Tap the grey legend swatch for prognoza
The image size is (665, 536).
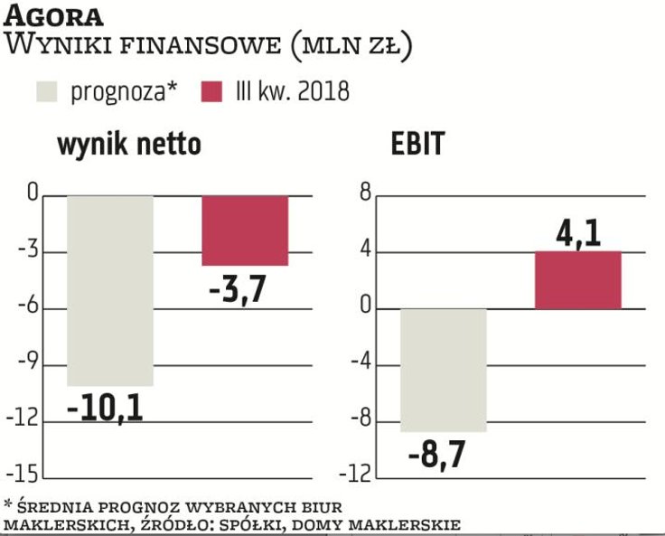(45, 92)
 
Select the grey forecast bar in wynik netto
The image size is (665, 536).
(110, 290)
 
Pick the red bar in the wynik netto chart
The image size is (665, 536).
(245, 230)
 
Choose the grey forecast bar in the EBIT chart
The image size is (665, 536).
(444, 370)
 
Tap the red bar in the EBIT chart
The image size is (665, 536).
(578, 280)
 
